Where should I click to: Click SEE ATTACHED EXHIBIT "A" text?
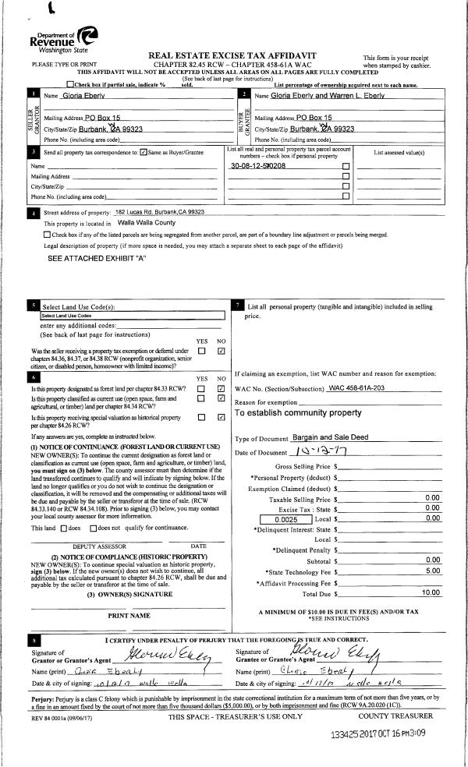(97, 257)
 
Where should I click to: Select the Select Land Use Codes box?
(75, 316)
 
